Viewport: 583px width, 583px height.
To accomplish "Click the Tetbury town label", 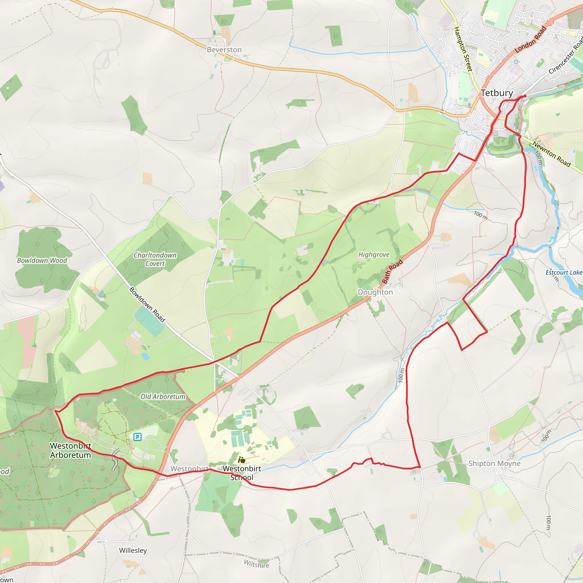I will click(497, 93).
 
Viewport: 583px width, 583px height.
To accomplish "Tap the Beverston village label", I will click(224, 50).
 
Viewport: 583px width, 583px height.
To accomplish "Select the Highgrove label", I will click(374, 255).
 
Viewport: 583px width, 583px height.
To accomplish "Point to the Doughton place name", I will click(375, 292).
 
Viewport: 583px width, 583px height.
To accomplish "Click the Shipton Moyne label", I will click(494, 463).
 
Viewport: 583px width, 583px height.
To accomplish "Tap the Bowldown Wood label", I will click(42, 260).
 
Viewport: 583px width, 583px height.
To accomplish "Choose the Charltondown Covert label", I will click(155, 259).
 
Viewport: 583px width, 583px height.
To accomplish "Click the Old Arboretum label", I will click(163, 397).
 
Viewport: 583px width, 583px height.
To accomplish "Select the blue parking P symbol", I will click(137, 437).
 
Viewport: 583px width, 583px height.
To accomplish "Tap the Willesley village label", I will click(133, 551).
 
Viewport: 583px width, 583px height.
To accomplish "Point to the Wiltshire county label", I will click(256, 564).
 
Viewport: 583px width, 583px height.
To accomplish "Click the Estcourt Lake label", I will click(564, 272).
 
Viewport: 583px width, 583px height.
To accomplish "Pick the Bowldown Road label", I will click(147, 305).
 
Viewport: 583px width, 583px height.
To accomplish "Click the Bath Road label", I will click(392, 271).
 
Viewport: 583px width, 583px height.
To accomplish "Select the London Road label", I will click(531, 40).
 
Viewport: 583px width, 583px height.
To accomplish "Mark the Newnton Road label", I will click(551, 154).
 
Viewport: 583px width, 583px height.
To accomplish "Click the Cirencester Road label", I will click(566, 56).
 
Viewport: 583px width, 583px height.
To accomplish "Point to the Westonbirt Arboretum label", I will click(71, 450).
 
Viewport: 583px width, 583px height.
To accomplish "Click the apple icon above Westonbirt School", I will click(242, 460).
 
